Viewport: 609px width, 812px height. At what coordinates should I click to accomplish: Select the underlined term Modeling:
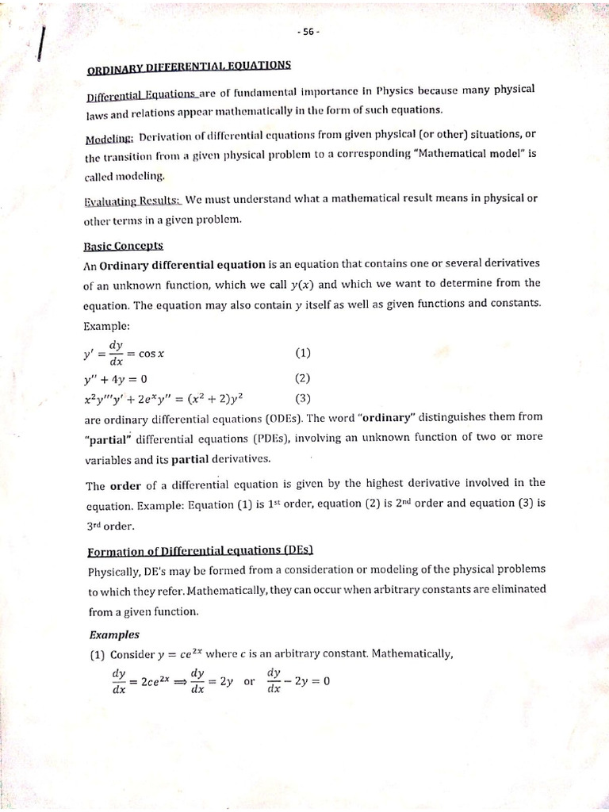109,140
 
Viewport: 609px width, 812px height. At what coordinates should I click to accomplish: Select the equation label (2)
304,378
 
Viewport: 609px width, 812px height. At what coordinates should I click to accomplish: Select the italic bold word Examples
114,634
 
